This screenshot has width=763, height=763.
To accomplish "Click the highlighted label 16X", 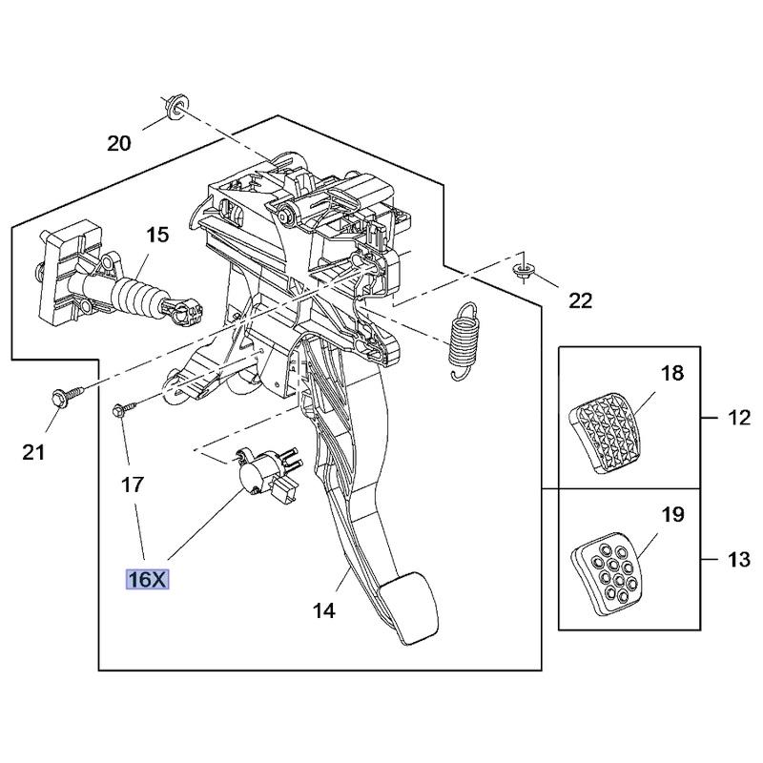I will click(147, 578).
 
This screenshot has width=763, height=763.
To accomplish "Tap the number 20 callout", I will click(118, 144).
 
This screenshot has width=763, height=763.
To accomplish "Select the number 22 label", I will click(580, 300).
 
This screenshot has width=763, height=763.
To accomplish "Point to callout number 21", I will click(33, 452).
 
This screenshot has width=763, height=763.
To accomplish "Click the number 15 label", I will click(156, 235).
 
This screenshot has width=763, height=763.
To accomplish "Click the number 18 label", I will click(672, 373).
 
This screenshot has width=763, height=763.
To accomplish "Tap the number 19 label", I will click(672, 515).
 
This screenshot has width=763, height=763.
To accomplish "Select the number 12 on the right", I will click(738, 418).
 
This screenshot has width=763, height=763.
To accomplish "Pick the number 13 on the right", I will click(738, 560).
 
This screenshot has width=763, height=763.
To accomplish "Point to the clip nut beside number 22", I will click(521, 272).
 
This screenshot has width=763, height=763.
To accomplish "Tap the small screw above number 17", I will click(121, 409).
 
